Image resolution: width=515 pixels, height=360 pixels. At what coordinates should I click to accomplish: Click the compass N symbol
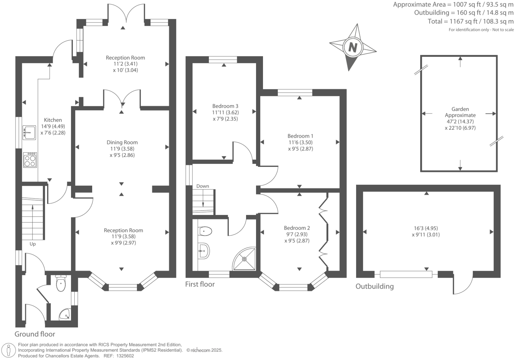(353, 47)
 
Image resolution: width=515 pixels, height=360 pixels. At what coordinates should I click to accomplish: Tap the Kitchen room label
(53, 120)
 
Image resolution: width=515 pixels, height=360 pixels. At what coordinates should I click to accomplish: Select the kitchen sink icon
(29, 133)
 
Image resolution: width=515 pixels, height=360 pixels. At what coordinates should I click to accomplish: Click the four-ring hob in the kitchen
(30, 160)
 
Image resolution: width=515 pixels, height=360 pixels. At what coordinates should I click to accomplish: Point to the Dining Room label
(122, 142)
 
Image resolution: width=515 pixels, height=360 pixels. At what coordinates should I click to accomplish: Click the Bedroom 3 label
(225, 106)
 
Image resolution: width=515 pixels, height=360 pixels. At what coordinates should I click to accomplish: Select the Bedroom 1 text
(300, 136)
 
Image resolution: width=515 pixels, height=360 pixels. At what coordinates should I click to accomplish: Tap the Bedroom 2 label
(297, 228)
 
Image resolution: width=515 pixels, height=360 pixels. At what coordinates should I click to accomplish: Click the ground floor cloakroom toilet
(61, 284)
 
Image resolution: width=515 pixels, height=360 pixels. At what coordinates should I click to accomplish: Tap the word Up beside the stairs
(32, 244)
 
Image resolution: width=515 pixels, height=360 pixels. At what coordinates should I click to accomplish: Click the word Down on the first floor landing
(203, 186)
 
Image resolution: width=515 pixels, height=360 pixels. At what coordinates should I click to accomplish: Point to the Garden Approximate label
(460, 112)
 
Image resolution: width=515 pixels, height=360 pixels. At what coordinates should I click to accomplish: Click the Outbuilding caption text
(374, 286)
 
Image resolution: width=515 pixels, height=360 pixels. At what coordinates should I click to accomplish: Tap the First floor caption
(200, 284)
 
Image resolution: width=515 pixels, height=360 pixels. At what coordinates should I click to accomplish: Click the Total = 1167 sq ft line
(471, 22)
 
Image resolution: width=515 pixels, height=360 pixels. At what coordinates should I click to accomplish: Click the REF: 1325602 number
(124, 356)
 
